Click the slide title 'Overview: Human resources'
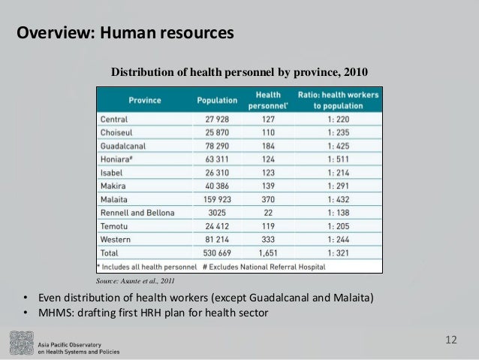(125, 34)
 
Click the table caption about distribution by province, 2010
(240, 72)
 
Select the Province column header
(143, 100)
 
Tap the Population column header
(217, 100)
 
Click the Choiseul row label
(117, 133)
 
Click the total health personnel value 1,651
(269, 253)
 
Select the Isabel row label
(112, 173)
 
